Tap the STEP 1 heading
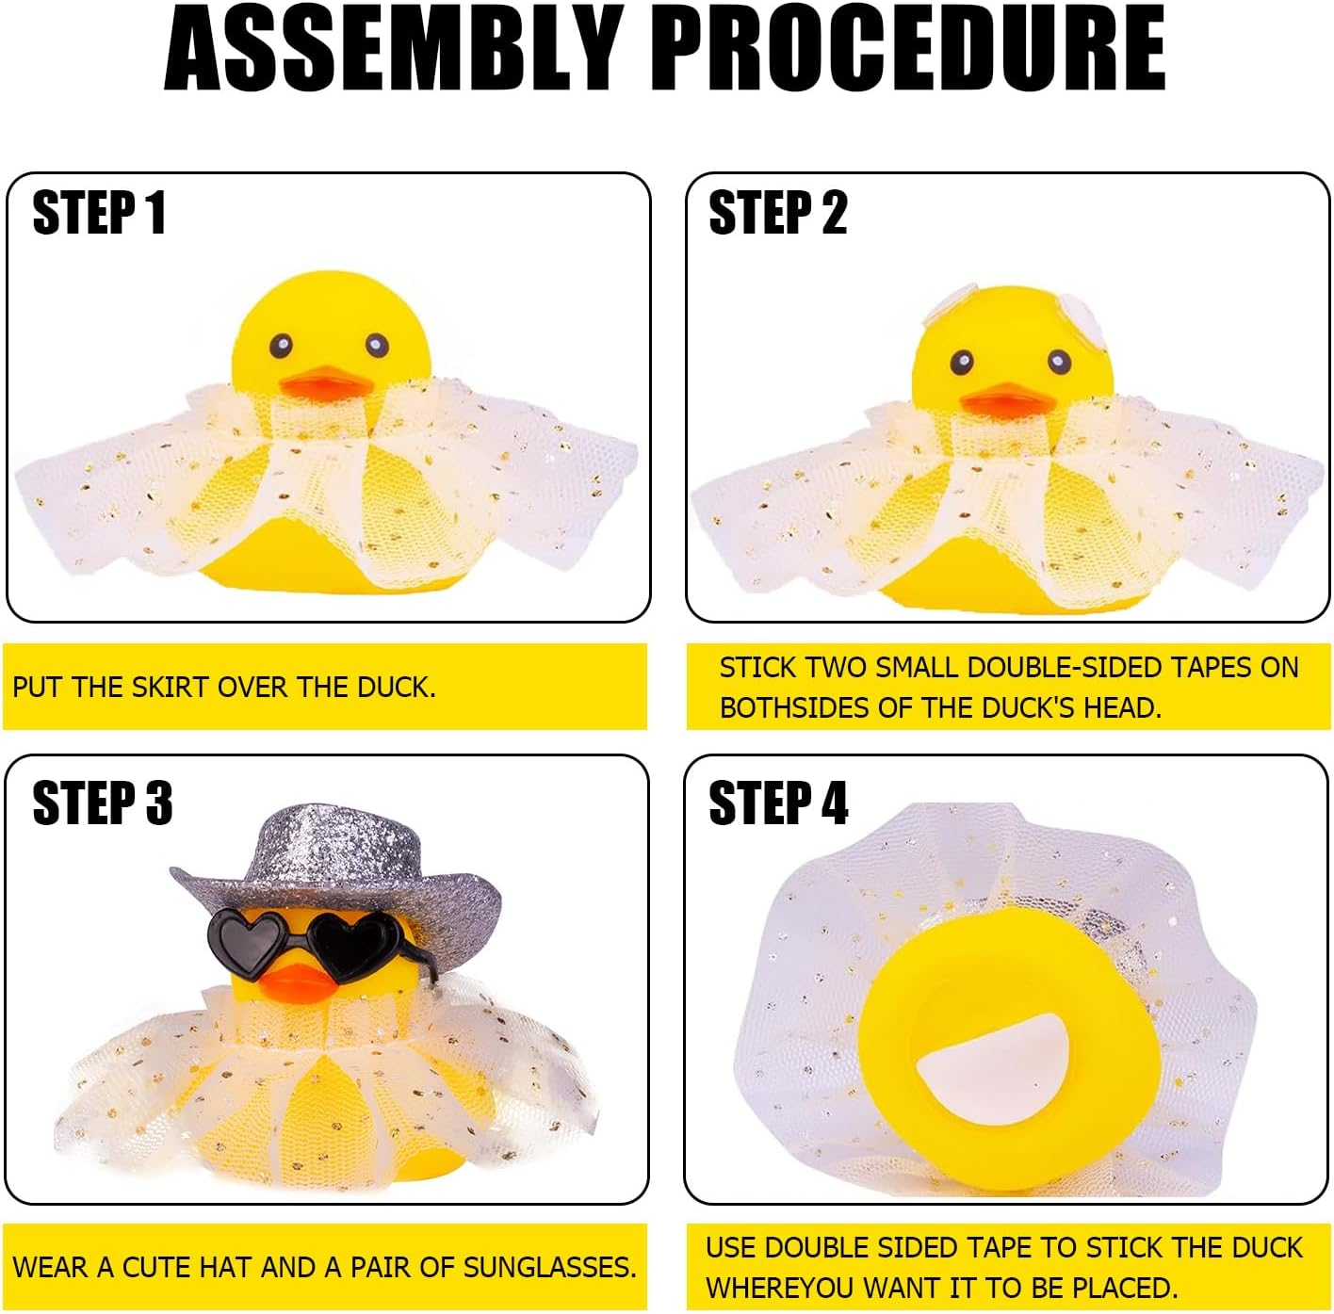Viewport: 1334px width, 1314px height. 99,213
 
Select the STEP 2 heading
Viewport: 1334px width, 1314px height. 777,213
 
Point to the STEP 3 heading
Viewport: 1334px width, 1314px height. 102,803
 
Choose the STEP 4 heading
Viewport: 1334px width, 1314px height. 777,803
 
